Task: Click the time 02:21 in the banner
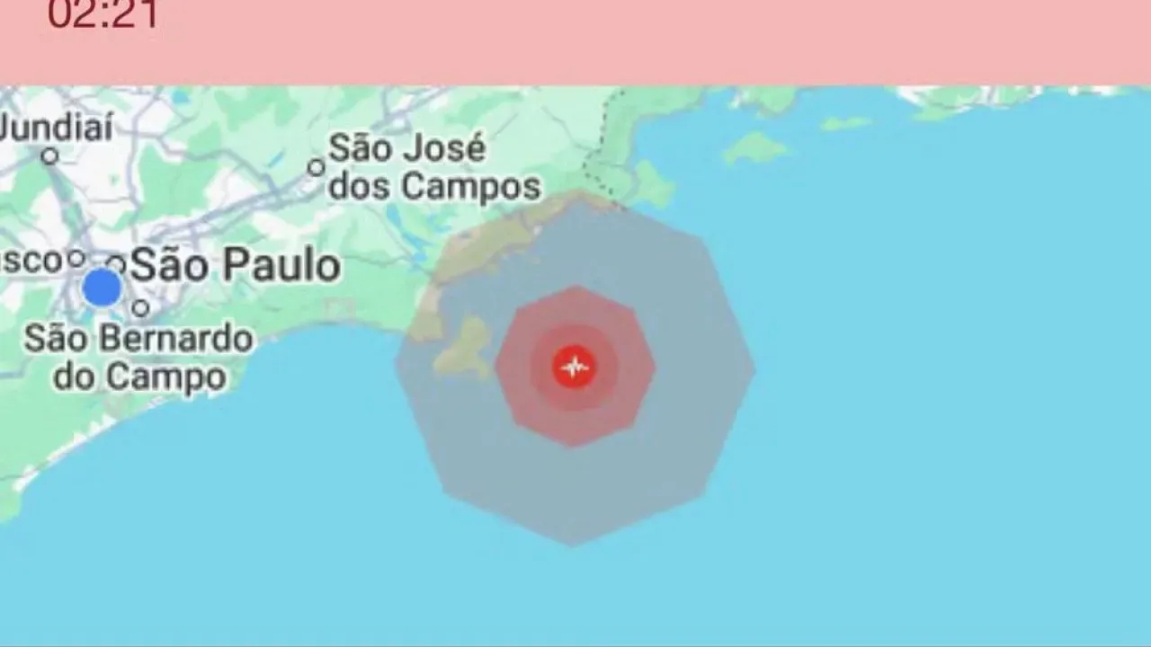click(x=103, y=14)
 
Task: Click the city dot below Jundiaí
click(x=50, y=156)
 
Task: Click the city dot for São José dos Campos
click(x=316, y=167)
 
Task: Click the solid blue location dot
click(x=103, y=288)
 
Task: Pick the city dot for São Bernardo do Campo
click(x=140, y=308)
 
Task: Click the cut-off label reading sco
click(x=31, y=261)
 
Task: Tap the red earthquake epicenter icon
click(x=574, y=367)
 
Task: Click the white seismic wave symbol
click(x=574, y=367)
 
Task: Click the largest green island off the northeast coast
click(x=756, y=147)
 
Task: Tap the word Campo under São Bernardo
click(x=182, y=377)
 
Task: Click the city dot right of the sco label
click(x=76, y=259)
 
